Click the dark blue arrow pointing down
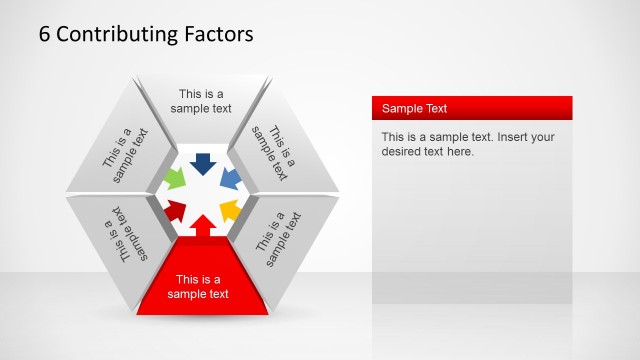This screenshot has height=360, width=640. click(203, 163)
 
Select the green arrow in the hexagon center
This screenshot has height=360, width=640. click(174, 181)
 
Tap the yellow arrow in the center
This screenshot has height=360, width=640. click(229, 210)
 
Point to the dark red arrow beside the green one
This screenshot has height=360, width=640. click(176, 210)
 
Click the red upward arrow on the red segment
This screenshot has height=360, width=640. click(203, 226)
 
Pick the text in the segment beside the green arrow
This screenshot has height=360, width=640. click(125, 154)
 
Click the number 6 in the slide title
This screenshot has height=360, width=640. click(45, 34)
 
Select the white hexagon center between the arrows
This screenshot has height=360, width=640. click(203, 194)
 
